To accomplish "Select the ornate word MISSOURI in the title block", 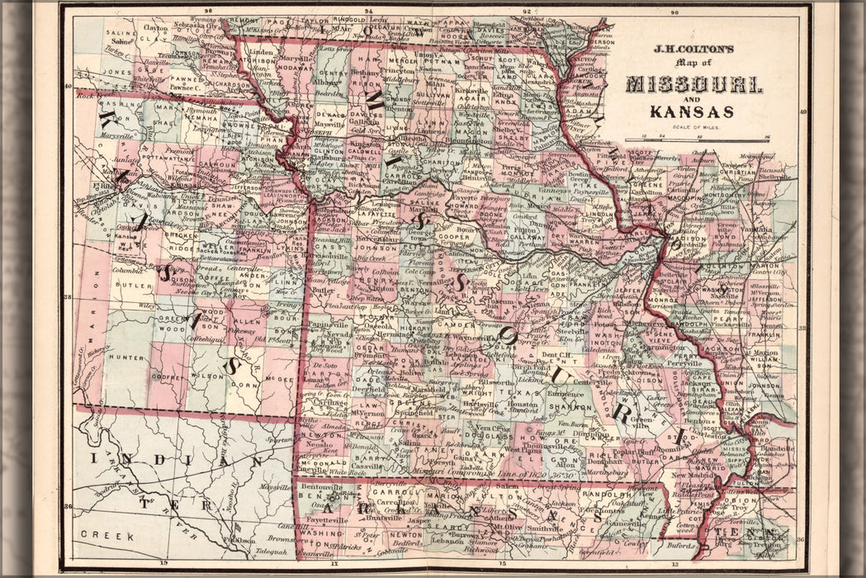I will (x=693, y=84).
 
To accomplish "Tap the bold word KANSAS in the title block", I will (x=692, y=111).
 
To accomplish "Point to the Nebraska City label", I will (x=196, y=26).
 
